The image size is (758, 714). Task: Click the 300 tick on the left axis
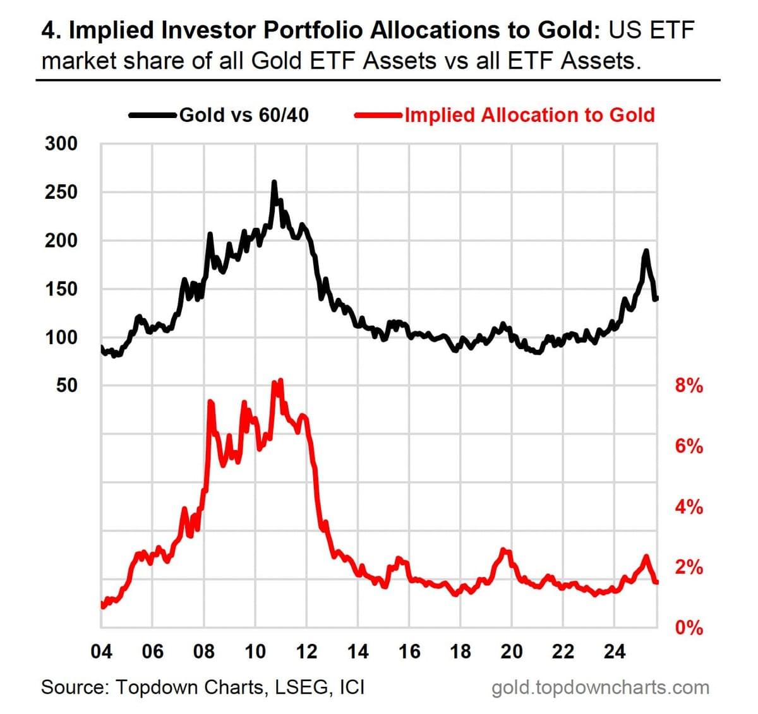click(61, 144)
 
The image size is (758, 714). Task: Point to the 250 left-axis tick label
click(61, 193)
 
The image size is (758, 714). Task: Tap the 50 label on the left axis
click(67, 386)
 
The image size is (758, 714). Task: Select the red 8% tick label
click(689, 386)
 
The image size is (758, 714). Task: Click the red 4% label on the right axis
click(689, 508)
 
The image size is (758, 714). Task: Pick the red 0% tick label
click(689, 628)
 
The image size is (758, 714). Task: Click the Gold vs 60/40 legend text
click(244, 115)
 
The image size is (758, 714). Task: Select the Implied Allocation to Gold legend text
click(530, 115)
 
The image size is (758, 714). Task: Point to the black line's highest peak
click(274, 182)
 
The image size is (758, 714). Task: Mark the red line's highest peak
click(281, 380)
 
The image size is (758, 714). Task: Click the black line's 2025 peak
click(646, 251)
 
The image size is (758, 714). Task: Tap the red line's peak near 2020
click(504, 549)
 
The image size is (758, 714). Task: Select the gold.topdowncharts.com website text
click(600, 688)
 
